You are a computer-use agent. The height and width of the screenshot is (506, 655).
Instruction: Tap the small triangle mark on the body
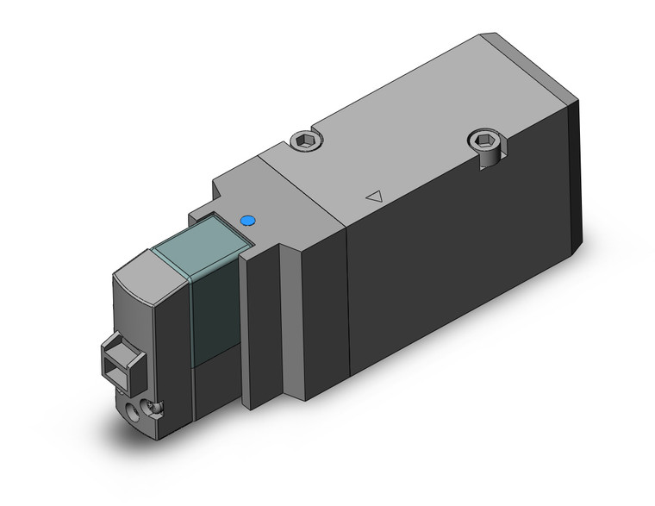tap(373, 196)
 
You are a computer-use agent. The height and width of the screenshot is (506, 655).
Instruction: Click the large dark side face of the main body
tap(448, 284)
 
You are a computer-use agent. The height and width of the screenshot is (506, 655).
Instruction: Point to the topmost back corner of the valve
tap(483, 35)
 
